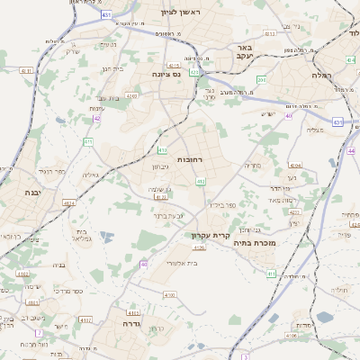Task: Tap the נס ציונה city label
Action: coord(166,74)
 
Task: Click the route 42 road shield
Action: coord(97,117)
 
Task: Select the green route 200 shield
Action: coord(261,80)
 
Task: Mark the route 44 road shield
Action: coord(352,151)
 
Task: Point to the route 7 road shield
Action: coord(40,332)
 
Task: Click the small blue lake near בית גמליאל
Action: coord(106,237)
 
